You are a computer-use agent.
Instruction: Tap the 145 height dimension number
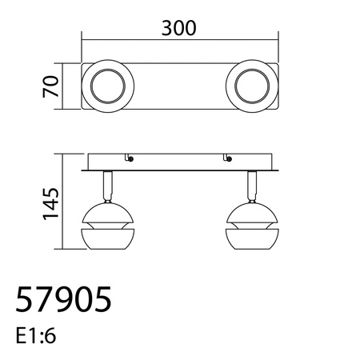[49, 204]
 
